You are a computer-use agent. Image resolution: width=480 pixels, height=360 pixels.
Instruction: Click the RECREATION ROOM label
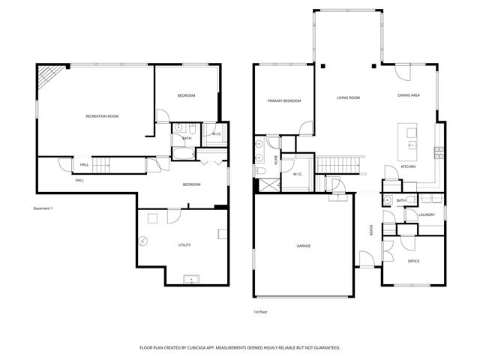click(x=102, y=116)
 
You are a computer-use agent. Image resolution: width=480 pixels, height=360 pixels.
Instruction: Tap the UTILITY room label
click(x=184, y=245)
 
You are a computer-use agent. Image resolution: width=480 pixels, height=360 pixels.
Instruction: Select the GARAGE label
click(x=303, y=246)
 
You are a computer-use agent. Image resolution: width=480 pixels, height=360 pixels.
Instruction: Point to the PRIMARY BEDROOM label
click(x=283, y=100)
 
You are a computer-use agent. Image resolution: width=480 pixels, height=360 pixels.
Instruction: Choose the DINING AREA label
click(x=409, y=96)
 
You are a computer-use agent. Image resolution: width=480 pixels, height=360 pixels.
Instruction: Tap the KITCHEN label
click(x=408, y=166)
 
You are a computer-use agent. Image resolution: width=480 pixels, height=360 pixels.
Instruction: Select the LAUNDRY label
click(x=427, y=215)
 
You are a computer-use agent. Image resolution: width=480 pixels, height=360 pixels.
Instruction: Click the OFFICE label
click(x=413, y=261)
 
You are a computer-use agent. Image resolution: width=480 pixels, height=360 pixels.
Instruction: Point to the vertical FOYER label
click(x=370, y=231)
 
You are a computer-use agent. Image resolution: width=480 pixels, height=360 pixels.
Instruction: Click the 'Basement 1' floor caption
click(x=43, y=208)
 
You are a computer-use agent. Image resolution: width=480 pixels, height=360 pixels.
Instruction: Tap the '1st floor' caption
click(x=260, y=311)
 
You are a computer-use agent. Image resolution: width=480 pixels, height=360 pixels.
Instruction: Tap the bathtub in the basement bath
click(x=181, y=154)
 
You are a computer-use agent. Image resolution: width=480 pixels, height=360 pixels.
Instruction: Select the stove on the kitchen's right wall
click(x=437, y=153)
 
